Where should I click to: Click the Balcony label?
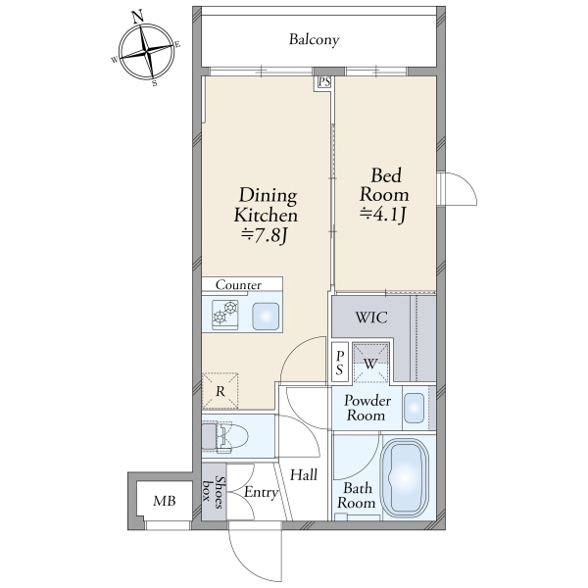314,39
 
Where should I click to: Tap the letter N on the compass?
138,16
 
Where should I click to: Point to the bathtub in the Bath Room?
406,478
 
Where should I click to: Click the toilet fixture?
224,436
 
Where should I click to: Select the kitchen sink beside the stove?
266,317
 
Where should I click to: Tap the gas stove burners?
225,315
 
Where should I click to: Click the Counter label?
238,285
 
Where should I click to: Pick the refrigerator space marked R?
220,391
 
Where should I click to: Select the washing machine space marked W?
370,363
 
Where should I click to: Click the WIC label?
371,318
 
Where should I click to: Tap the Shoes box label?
214,492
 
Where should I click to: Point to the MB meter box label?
165,501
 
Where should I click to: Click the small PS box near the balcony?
324,82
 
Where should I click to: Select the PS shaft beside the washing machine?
340,363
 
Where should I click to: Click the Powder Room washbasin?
415,408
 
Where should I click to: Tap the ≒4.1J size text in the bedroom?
383,214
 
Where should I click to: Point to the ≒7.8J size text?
265,235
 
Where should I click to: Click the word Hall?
304,474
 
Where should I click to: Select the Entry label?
262,492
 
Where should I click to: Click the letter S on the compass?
155,83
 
